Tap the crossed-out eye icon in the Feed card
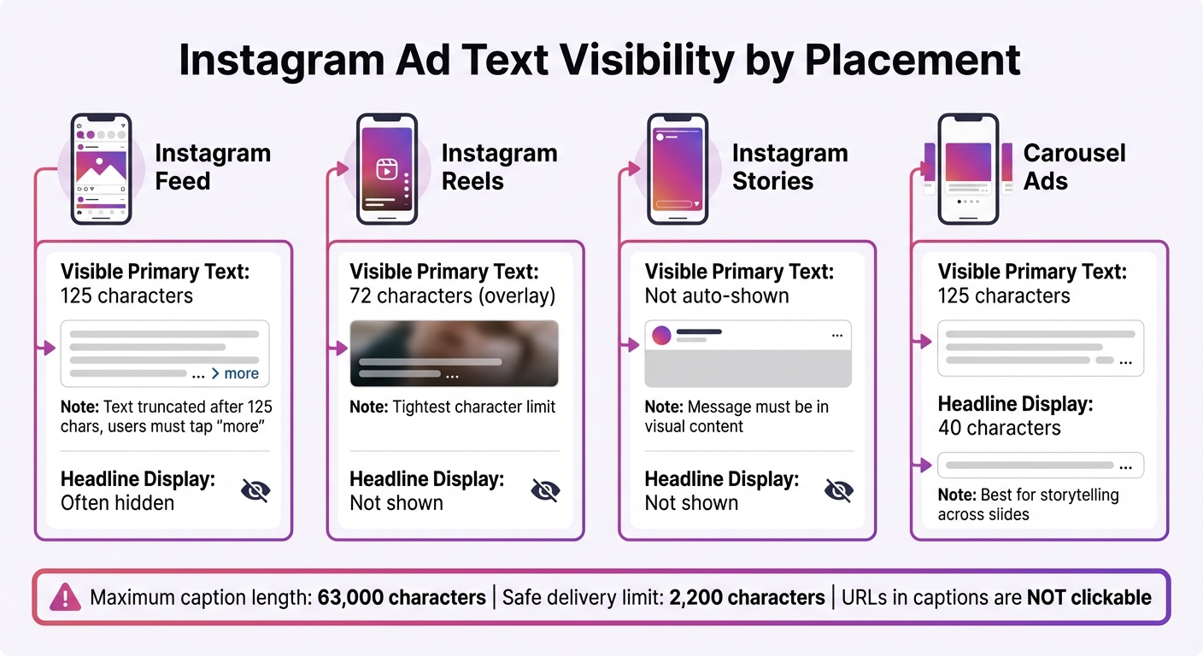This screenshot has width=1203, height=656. tap(255, 490)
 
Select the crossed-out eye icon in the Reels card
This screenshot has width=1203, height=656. tap(545, 490)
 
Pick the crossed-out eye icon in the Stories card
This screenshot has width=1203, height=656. tap(838, 490)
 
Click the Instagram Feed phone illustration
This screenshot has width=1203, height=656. tap(101, 169)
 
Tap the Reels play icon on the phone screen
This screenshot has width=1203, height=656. tap(387, 168)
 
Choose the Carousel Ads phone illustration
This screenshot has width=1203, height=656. tap(968, 169)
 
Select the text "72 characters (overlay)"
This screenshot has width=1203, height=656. tap(452, 296)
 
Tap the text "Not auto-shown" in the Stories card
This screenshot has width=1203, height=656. tap(716, 296)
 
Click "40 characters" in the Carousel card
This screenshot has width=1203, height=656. tap(999, 428)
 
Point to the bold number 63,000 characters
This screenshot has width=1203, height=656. tap(402, 598)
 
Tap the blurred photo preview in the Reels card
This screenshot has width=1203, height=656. tap(455, 353)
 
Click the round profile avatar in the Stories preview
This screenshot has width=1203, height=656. tap(661, 336)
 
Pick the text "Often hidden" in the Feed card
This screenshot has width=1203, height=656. tap(117, 503)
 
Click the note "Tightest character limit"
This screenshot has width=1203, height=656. tap(473, 407)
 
